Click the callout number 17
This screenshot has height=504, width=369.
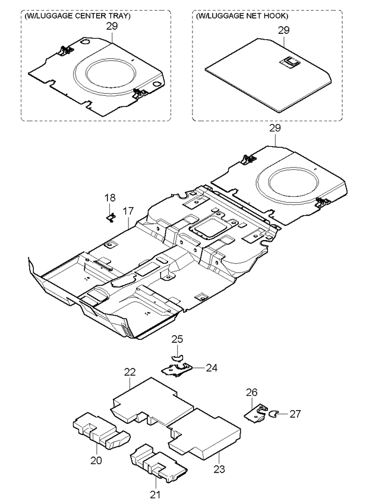128,210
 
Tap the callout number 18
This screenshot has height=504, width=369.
111,197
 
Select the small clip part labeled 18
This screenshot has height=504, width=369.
111,218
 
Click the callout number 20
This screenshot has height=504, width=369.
96,459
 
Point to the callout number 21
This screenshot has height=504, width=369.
156,493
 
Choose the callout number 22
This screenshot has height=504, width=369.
130,372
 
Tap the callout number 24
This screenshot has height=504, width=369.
212,368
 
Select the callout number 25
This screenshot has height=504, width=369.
177,339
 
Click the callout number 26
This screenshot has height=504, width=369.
252,392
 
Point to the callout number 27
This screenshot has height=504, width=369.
295,414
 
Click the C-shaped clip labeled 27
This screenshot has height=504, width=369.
275,414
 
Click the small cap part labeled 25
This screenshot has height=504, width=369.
177,357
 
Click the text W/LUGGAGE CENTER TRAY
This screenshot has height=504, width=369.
78,16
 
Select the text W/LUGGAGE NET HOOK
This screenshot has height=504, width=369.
242,16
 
